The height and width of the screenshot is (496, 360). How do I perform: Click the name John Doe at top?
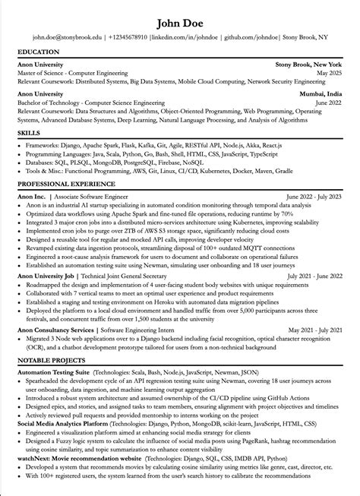coord(180,17)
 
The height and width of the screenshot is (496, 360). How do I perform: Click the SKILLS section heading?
coord(29,133)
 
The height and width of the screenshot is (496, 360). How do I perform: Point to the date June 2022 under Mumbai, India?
coord(327,100)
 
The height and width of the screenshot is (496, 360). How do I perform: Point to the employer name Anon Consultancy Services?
coord(54,331)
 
